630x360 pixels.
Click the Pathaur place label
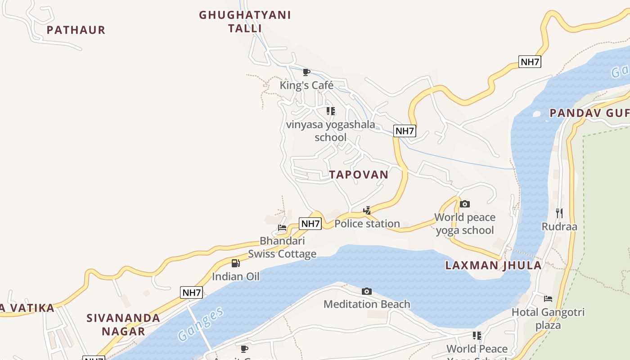tap(76, 30)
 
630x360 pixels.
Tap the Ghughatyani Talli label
tap(245, 21)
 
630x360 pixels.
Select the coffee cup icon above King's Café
tap(306, 72)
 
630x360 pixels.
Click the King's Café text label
tap(306, 85)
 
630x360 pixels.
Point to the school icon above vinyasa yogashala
tap(331, 111)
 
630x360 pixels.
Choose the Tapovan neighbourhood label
tap(359, 175)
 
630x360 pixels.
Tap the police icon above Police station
tap(367, 210)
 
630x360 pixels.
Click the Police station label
tap(367, 224)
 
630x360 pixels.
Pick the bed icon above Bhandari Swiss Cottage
tap(282, 228)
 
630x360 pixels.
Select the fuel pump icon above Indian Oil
tap(235, 263)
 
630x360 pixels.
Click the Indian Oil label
tap(236, 276)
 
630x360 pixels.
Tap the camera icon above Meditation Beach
tap(367, 291)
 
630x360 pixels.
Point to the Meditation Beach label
tap(367, 304)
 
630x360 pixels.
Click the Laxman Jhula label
tap(493, 265)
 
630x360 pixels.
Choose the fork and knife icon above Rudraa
tap(559, 213)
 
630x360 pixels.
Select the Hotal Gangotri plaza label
tap(548, 318)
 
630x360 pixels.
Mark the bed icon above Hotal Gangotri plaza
tap(548, 298)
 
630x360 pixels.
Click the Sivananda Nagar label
tap(123, 324)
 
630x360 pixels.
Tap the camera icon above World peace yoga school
tap(465, 204)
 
